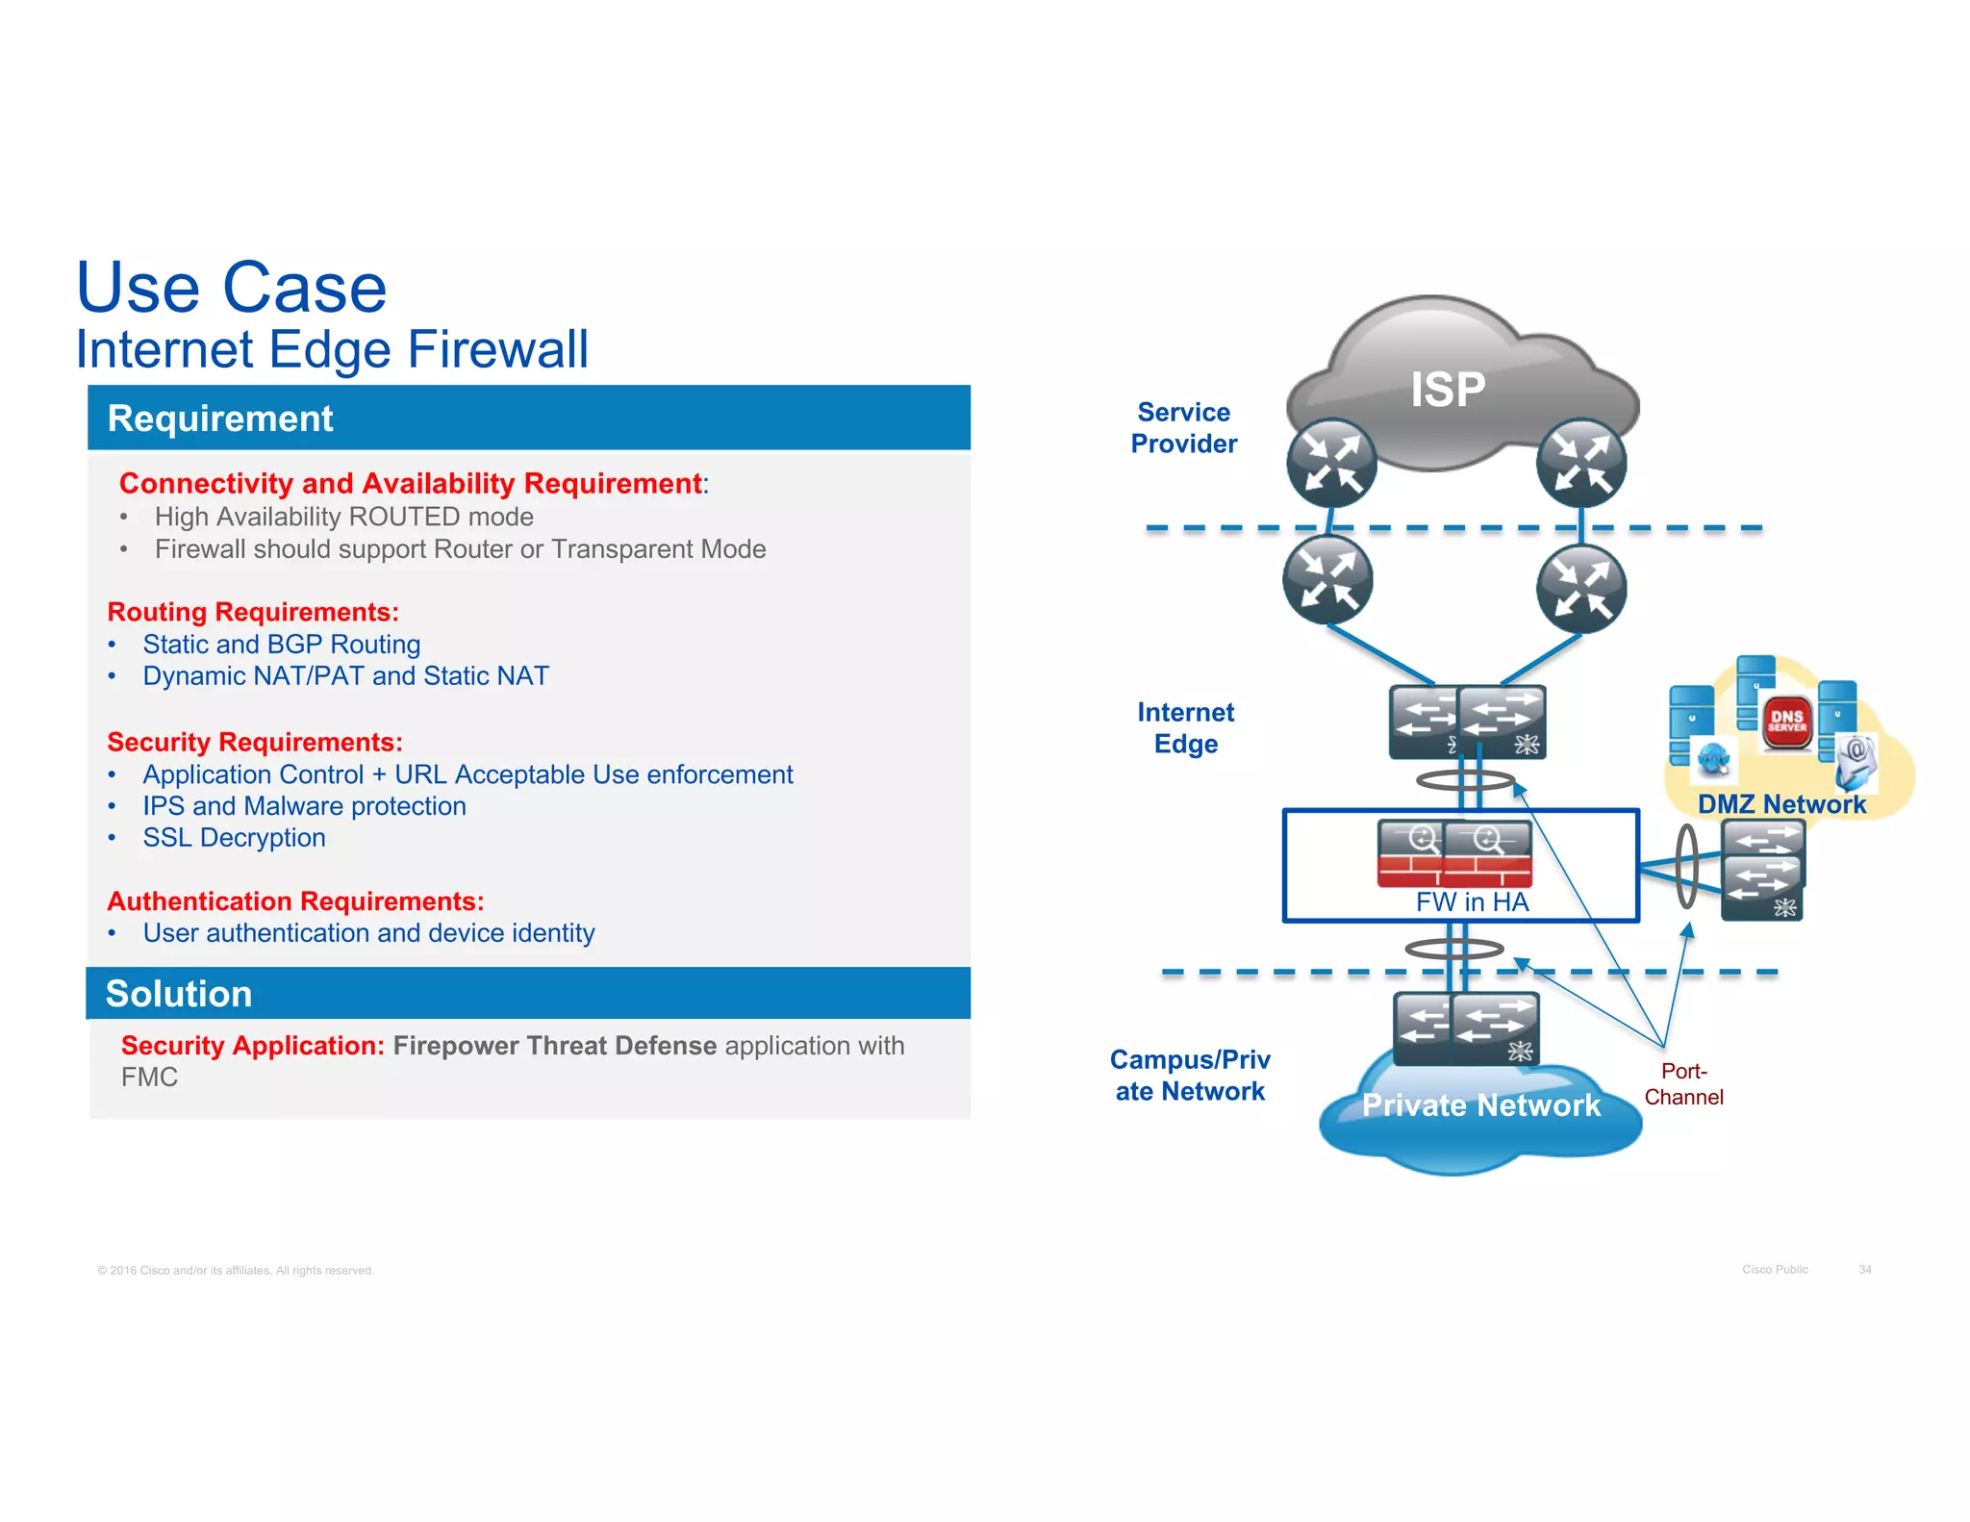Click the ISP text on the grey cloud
click(1447, 390)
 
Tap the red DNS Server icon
click(1786, 722)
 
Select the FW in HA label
click(1471, 901)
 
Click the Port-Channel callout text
click(1683, 1084)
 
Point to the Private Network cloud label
click(1481, 1104)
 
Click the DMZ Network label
click(1781, 804)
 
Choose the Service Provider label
click(1183, 428)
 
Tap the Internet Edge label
click(1185, 727)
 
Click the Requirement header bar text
click(220, 419)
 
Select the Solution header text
click(179, 994)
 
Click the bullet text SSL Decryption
click(234, 838)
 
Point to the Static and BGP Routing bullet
click(281, 644)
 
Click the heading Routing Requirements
click(253, 612)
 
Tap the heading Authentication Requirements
click(295, 901)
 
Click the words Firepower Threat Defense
click(554, 1046)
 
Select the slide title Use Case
click(231, 288)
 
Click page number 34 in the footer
click(1864, 1270)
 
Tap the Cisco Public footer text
click(1775, 1270)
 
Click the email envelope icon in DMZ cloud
click(1856, 759)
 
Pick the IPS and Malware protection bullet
click(304, 806)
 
